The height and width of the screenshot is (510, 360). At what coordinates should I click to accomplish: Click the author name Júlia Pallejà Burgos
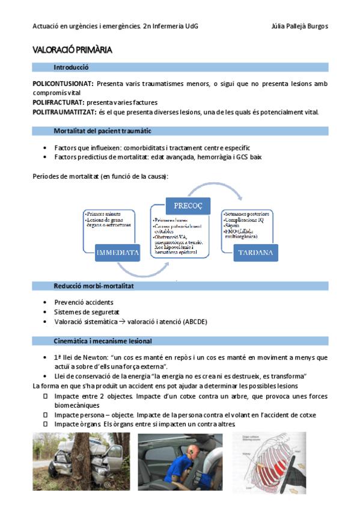299,26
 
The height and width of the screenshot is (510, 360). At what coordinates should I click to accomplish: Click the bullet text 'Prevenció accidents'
84,302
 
